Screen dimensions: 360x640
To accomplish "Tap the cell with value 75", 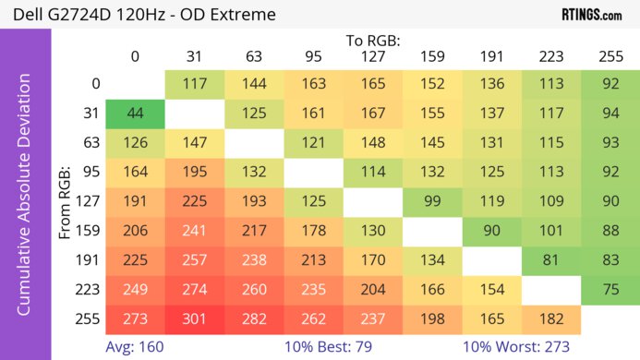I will click(610, 290).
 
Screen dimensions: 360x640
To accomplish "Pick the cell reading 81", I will click(551, 260).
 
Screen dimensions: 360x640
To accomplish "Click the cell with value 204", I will click(373, 290).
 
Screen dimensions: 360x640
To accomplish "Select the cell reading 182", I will click(551, 319).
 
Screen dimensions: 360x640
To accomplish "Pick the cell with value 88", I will click(610, 231).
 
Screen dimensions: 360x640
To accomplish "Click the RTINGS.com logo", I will click(591, 15).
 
